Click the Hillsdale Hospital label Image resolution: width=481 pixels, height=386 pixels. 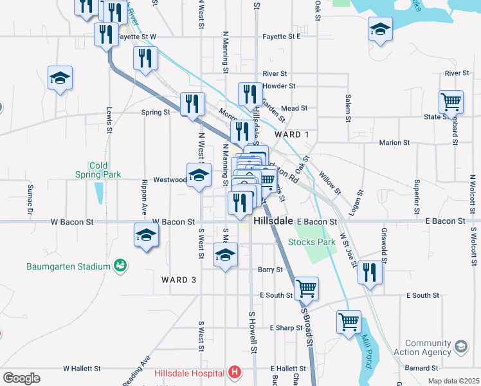pyautogui.click(x=189, y=372)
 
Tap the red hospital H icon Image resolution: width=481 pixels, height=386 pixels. pyautogui.click(x=235, y=372)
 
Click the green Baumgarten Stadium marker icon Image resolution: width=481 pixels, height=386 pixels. pyautogui.click(x=120, y=265)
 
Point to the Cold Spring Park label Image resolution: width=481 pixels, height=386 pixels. pyautogui.click(x=98, y=170)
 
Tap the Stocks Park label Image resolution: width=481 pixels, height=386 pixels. pyautogui.click(x=312, y=243)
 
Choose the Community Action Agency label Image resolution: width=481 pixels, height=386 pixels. pyautogui.click(x=428, y=348)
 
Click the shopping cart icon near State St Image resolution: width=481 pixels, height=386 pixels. pyautogui.click(x=451, y=102)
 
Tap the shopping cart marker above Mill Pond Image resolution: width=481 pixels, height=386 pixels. pyautogui.click(x=349, y=321)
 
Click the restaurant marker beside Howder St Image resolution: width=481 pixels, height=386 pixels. pyautogui.click(x=249, y=94)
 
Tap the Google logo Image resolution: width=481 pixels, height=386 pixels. pyautogui.click(x=21, y=378)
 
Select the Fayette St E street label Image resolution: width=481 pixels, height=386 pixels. pyautogui.click(x=282, y=37)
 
